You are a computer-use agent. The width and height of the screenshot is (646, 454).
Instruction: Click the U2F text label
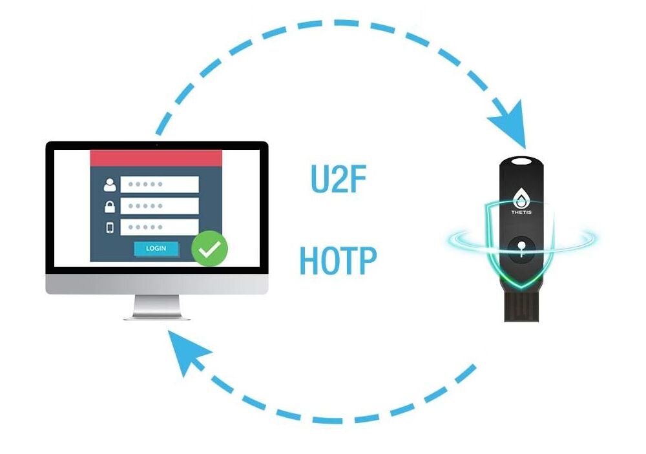[339, 179]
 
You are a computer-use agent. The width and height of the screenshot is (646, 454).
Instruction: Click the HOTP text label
[338, 260]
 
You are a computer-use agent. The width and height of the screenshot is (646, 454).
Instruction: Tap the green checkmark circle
[209, 249]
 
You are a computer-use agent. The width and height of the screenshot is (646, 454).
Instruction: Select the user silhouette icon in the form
[110, 185]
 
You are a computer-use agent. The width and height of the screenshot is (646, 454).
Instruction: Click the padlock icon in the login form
[110, 207]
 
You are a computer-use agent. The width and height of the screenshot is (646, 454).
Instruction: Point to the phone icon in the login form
[110, 227]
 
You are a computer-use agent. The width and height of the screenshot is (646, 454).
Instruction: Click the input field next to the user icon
[160, 184]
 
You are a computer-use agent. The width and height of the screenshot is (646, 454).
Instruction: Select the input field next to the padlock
[160, 205]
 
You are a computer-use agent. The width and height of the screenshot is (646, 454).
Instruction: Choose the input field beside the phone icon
[160, 227]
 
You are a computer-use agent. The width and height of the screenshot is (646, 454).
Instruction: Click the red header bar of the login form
[156, 158]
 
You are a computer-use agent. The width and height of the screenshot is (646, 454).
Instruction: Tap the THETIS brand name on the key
[521, 212]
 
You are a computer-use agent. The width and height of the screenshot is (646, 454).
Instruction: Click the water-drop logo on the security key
[521, 198]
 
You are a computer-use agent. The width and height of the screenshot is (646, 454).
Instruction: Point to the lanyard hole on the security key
[521, 161]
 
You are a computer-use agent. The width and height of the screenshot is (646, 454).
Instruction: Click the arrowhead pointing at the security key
[510, 123]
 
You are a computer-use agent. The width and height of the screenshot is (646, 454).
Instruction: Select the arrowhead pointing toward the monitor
[187, 352]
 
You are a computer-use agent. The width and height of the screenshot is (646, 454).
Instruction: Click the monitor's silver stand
[157, 307]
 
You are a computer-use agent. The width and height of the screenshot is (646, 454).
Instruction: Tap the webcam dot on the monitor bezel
[156, 145]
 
